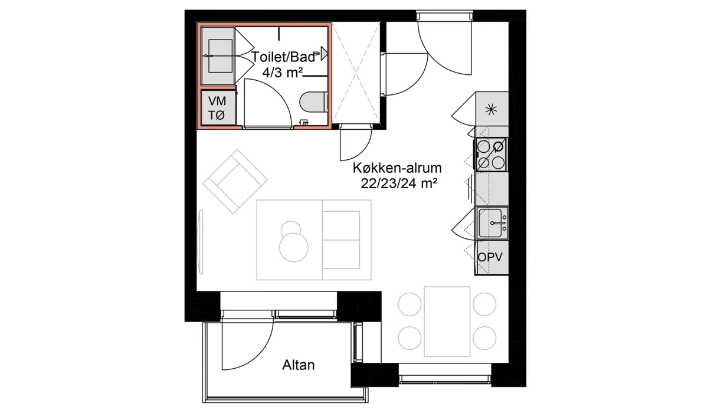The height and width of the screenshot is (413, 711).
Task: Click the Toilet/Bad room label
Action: point(283,57)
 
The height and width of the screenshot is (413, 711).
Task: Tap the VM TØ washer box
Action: point(218,107)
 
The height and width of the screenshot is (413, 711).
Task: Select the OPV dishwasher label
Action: point(490,257)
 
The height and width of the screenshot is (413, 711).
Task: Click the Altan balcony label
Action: point(299,365)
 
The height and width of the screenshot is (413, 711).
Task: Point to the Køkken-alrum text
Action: point(397,168)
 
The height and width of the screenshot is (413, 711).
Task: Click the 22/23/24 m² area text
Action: point(399,183)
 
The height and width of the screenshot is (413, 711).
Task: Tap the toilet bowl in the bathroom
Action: point(313,102)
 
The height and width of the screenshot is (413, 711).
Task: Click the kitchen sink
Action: point(492,223)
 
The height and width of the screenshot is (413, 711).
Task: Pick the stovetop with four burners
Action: point(491,155)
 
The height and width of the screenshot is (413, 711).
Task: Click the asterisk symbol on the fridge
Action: point(492,110)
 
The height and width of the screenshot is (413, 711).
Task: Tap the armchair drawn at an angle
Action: point(235,182)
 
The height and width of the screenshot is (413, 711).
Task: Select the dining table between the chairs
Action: point(447,322)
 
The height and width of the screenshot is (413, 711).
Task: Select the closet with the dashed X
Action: point(356,73)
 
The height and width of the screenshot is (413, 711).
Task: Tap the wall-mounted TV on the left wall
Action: point(201,241)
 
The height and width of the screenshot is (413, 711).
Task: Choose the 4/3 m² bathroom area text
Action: point(282,73)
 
